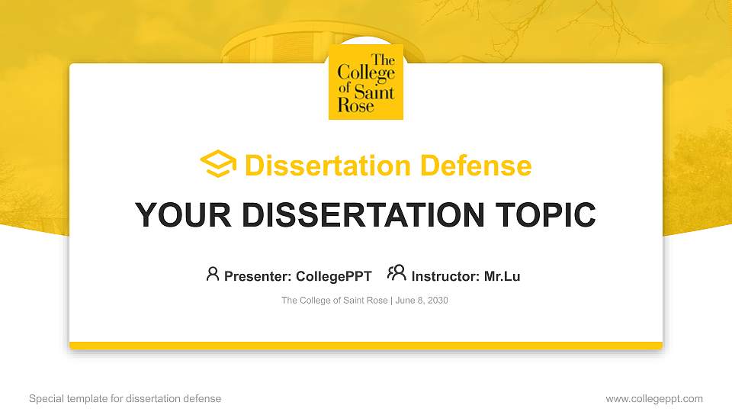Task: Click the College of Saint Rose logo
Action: coord(366,82)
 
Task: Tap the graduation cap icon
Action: coord(219,164)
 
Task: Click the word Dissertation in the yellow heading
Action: coord(317,166)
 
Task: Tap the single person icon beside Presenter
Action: coord(213,274)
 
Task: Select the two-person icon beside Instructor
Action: coord(396,274)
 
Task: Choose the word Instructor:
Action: coord(445,276)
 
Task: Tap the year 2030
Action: coord(438,301)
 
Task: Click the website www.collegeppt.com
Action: coord(654,398)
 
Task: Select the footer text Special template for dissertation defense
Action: coord(125,398)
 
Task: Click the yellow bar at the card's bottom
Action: coord(366,346)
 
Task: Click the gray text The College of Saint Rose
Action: coord(335,301)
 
